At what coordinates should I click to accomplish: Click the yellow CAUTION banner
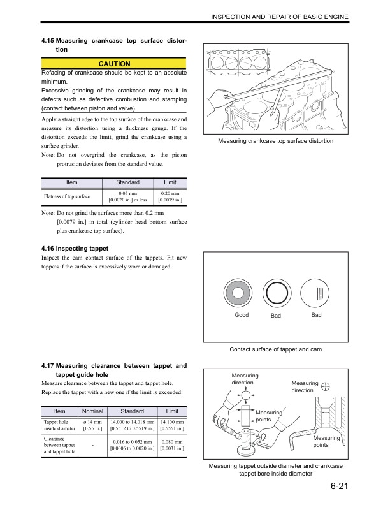click(114, 64)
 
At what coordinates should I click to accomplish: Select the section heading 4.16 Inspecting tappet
click(74, 247)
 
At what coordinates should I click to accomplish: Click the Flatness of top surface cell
click(67, 196)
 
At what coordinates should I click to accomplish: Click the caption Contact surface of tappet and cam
click(275, 349)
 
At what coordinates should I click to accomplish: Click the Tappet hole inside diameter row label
click(59, 426)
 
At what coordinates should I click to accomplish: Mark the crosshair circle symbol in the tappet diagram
click(326, 386)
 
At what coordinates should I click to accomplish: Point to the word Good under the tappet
click(242, 316)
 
